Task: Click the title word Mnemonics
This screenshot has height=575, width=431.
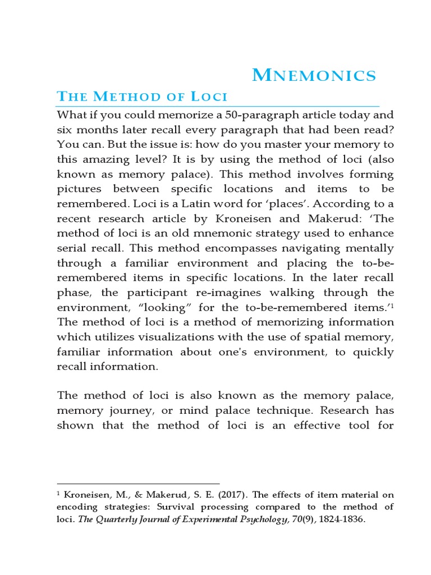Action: pyautogui.click(x=314, y=75)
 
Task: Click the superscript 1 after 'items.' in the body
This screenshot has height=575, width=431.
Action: pyautogui.click(x=392, y=305)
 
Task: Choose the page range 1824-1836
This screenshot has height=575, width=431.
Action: pyautogui.click(x=342, y=519)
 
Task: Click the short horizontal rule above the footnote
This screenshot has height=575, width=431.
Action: pyautogui.click(x=138, y=483)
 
